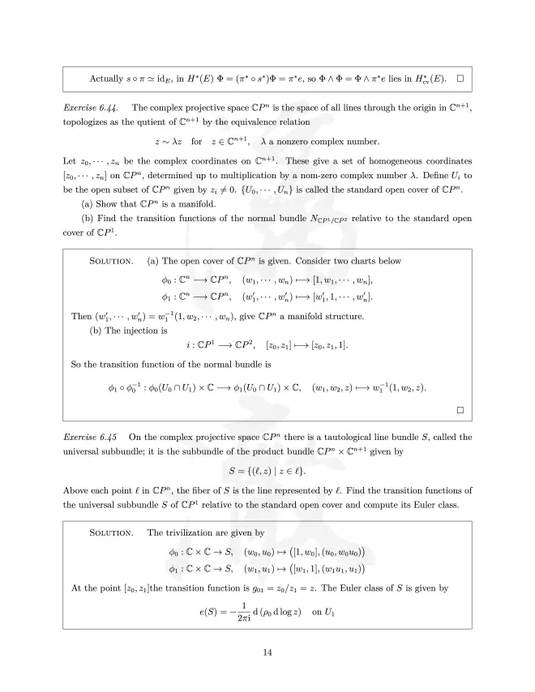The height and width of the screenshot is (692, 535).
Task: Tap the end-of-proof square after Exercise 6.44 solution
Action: click(x=460, y=410)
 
